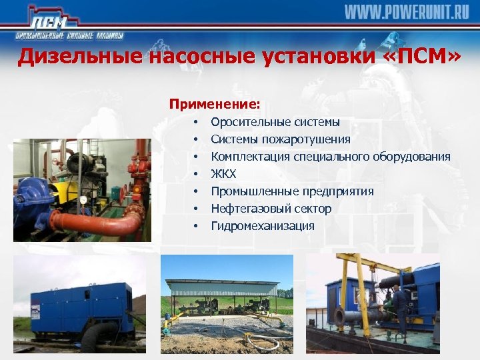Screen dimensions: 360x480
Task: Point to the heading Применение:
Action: click(x=215, y=104)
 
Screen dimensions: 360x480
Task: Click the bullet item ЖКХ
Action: click(x=223, y=174)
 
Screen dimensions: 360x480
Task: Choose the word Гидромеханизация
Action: click(x=263, y=226)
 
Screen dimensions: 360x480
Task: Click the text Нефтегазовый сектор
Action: click(x=271, y=209)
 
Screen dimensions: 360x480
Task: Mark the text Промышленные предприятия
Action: click(x=292, y=191)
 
